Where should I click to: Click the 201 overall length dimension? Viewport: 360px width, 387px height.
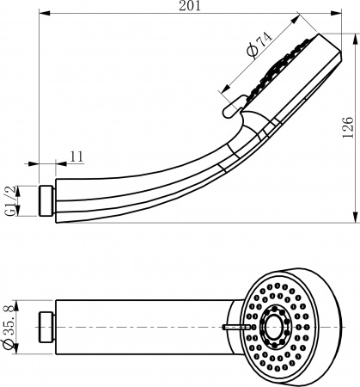tap(191, 6)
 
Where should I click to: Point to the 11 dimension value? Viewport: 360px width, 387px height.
tap(76, 157)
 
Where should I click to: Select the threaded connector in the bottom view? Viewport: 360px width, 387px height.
tap(47, 328)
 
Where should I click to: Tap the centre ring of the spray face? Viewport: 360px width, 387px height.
tap(276, 327)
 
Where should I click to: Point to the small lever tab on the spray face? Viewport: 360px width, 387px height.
tap(234, 327)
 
